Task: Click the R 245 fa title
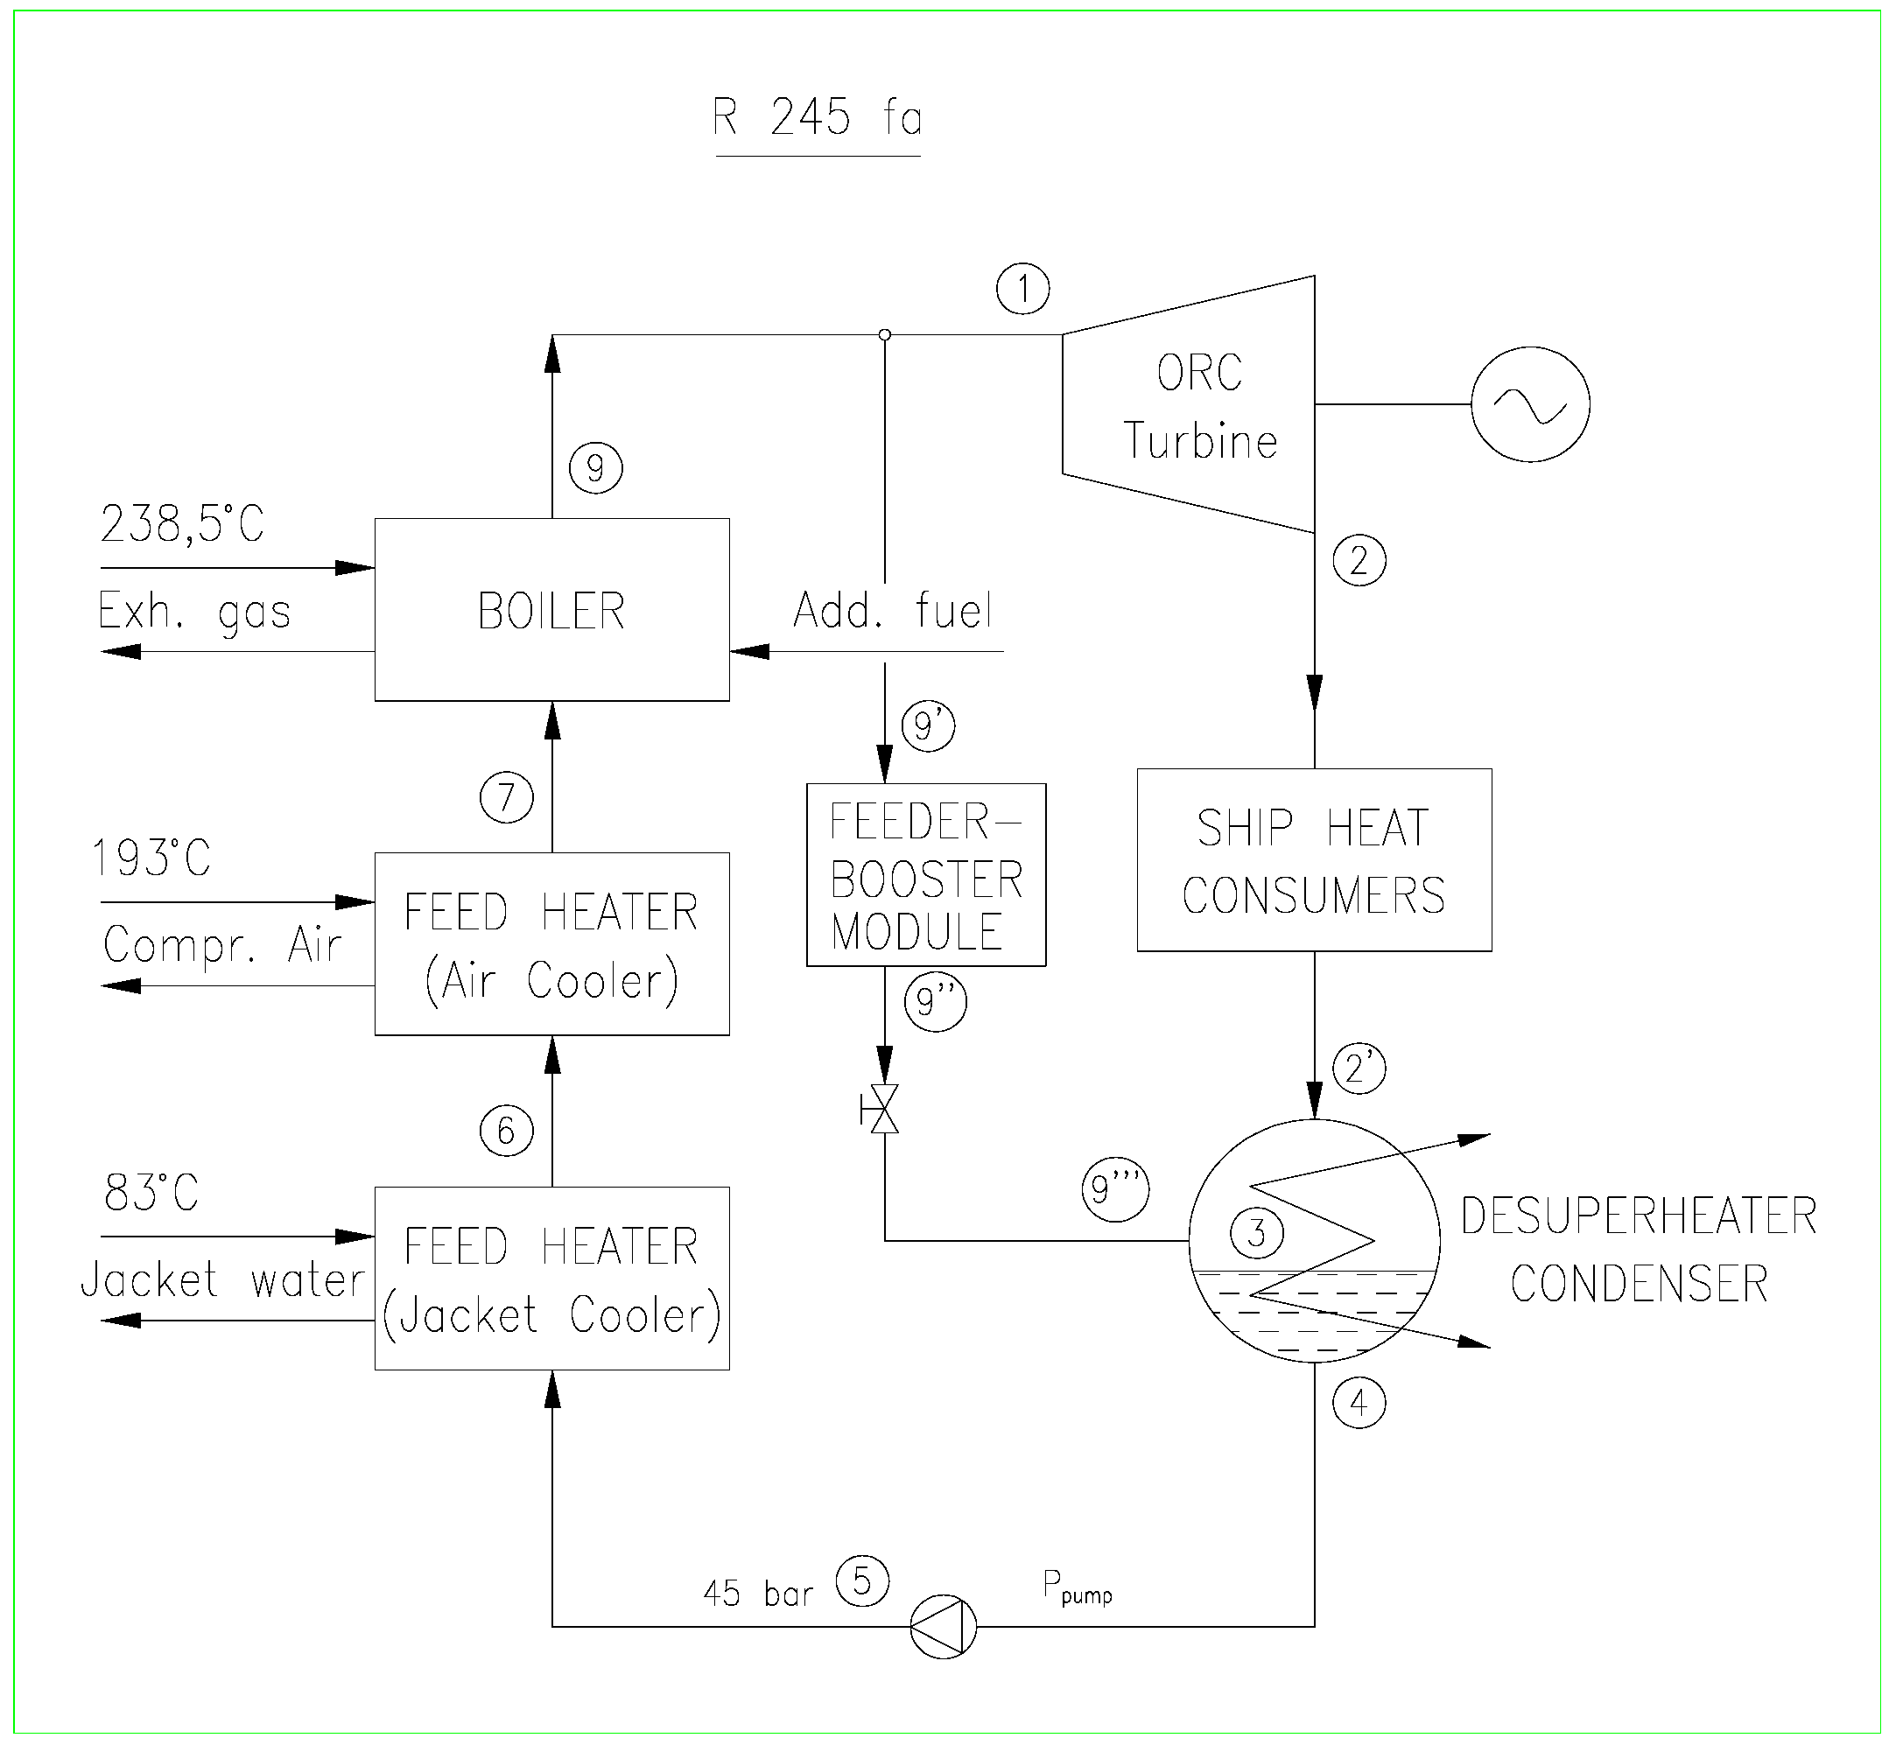(x=817, y=118)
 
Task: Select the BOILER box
(x=551, y=610)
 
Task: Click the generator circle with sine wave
(x=1530, y=404)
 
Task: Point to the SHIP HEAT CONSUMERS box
(x=1314, y=860)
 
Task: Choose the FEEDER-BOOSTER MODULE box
(x=925, y=875)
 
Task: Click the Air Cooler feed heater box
(x=551, y=944)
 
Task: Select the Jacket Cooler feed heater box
(x=551, y=1279)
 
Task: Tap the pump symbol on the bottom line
(x=943, y=1627)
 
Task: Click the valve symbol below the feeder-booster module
(x=884, y=1110)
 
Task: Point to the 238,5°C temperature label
(x=182, y=524)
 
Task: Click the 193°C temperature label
(x=151, y=858)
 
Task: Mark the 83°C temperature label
(x=151, y=1193)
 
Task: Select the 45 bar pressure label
(x=757, y=1594)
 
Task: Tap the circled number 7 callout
(x=506, y=797)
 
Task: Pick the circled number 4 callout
(x=1359, y=1402)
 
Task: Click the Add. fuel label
(x=893, y=610)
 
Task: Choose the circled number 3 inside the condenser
(x=1256, y=1232)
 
